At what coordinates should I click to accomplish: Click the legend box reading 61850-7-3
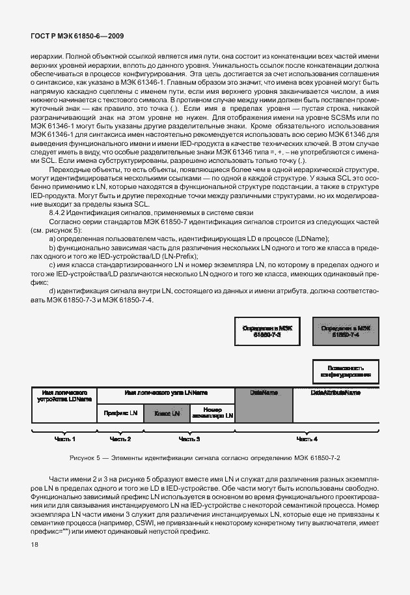coord(266,332)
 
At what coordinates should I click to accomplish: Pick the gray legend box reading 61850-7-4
coord(346,332)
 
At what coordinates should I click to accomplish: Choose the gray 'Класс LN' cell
coord(166,413)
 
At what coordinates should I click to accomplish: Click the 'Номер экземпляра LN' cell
coord(212,413)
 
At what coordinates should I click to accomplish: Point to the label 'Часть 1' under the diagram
coord(64,439)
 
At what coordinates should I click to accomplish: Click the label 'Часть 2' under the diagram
coord(120,439)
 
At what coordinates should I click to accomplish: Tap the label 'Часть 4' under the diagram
coord(307,439)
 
